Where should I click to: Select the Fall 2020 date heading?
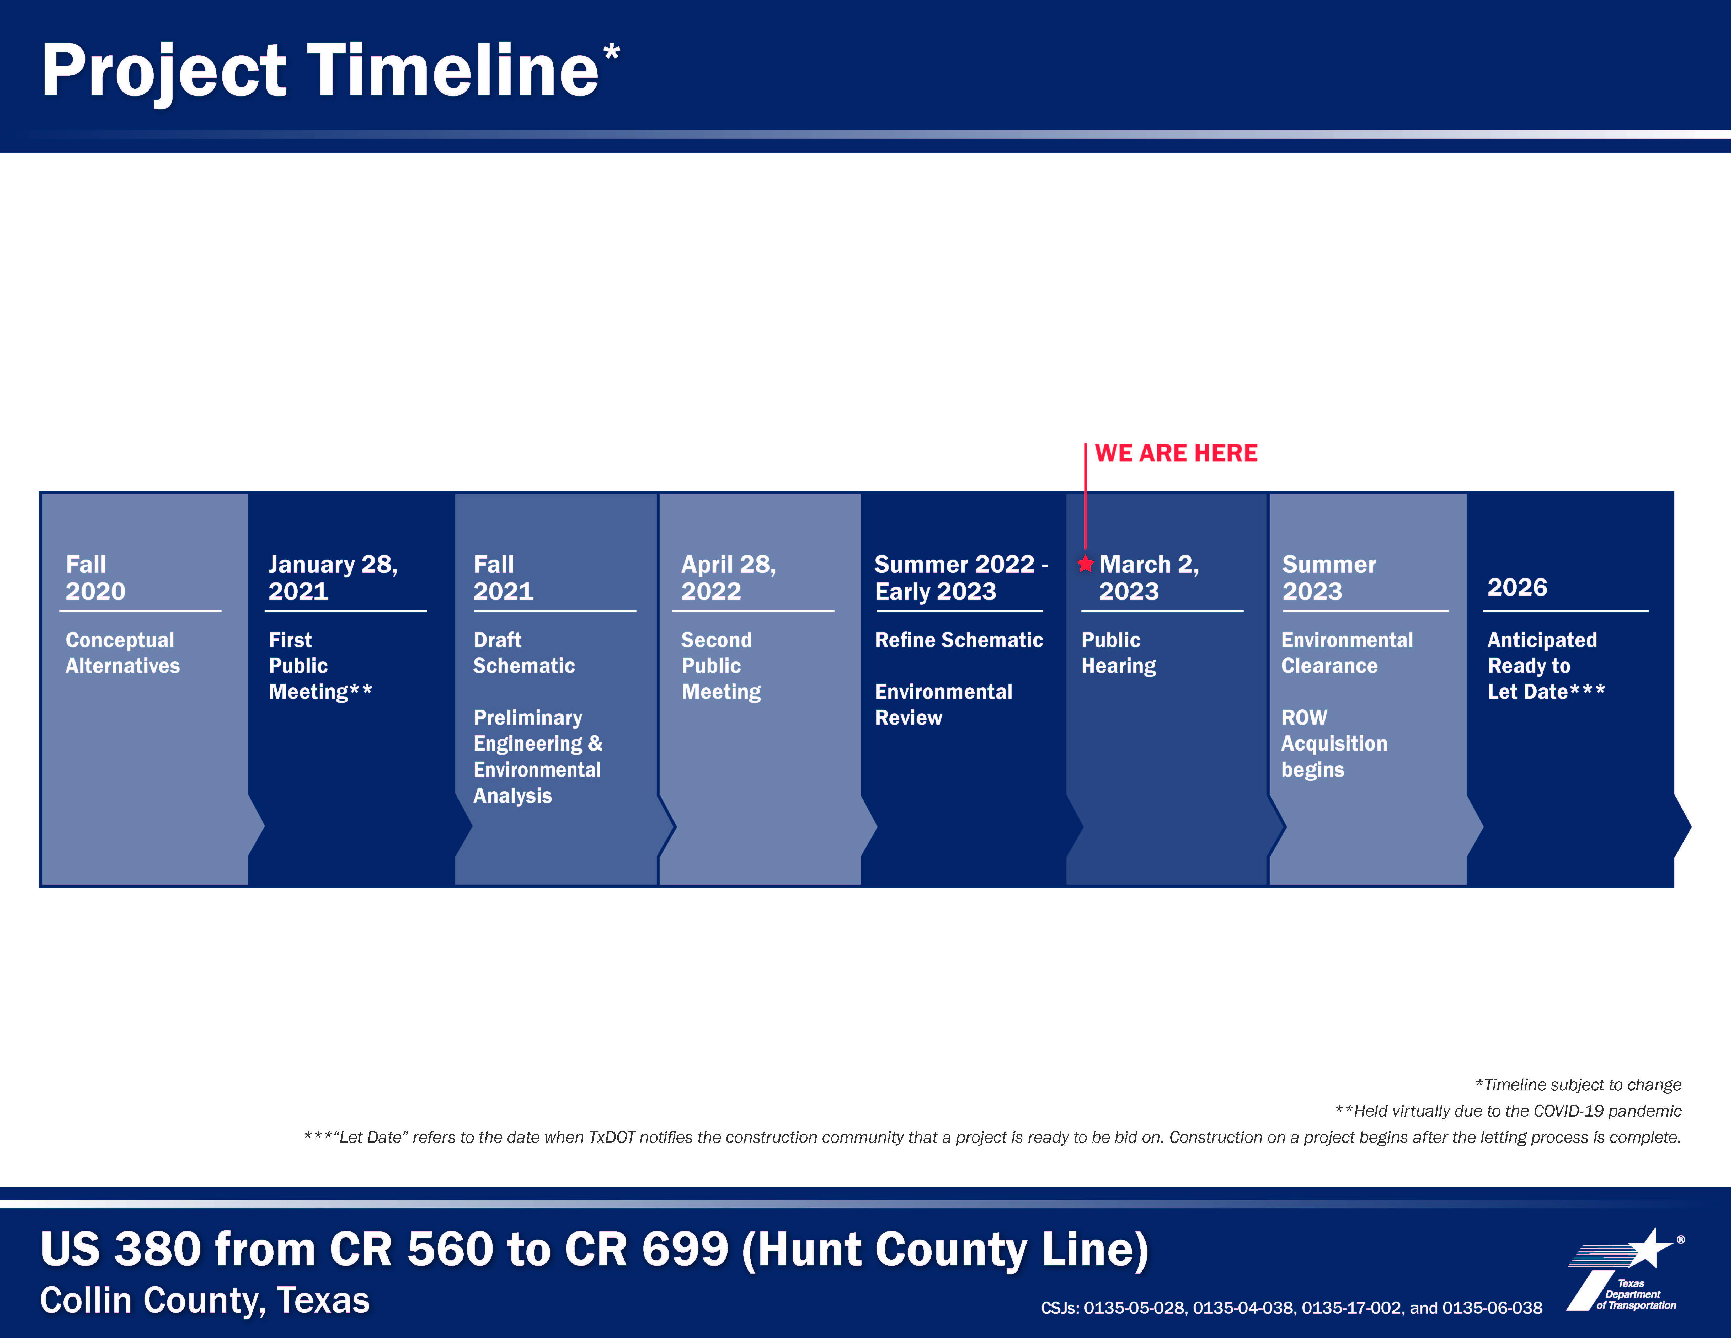(x=95, y=578)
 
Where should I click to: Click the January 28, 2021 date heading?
(x=332, y=578)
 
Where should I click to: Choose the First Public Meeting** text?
(x=319, y=666)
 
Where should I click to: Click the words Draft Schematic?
(x=524, y=653)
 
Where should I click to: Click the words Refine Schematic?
(x=958, y=640)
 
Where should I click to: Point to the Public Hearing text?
(x=1118, y=653)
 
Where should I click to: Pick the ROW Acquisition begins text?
(x=1334, y=744)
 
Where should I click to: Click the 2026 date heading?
(x=1517, y=587)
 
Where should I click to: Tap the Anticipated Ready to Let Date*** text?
(x=1546, y=666)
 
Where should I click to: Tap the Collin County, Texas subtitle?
(x=205, y=1301)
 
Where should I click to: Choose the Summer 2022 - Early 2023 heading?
(x=961, y=578)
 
